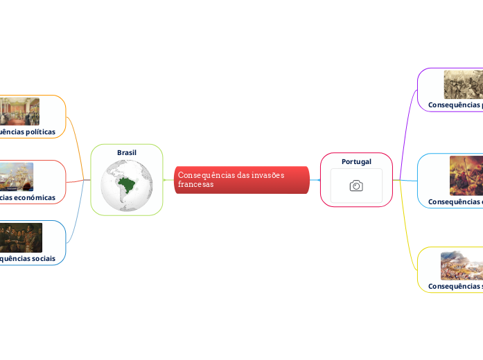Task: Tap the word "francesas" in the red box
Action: point(195,185)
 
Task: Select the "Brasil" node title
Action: point(127,152)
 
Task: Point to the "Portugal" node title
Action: point(356,161)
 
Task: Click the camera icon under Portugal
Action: point(356,186)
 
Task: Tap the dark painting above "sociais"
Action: point(20,237)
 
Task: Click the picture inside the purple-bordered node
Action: point(463,84)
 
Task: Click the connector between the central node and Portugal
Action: point(315,180)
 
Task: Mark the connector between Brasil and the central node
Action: point(168,180)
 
